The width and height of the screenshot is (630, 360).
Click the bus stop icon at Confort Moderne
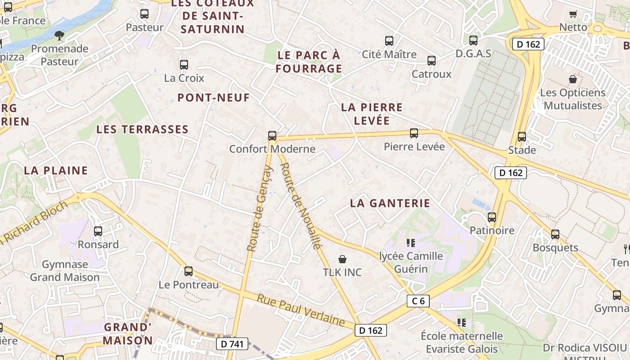point(272,135)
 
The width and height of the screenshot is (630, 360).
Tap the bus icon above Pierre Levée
point(414,133)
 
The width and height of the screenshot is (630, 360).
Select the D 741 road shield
point(232,344)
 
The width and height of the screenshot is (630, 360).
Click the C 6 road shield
point(418,301)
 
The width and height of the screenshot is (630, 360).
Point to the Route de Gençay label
point(260,208)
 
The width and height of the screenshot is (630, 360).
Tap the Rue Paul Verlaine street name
point(301,310)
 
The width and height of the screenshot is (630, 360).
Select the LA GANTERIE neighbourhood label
point(390,203)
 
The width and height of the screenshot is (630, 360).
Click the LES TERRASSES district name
point(142,130)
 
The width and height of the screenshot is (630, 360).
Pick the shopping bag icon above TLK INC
point(342,259)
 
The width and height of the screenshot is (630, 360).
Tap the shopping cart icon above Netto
point(573,14)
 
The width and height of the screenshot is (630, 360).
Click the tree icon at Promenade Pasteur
point(59,35)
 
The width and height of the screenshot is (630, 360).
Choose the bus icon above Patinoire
point(491,217)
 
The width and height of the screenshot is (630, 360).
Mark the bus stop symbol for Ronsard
point(98,231)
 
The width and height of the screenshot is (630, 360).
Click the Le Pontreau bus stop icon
point(189,271)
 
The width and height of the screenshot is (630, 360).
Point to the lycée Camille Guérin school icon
point(411,243)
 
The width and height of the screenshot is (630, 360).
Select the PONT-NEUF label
point(213,98)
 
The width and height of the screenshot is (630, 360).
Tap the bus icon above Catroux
point(431,61)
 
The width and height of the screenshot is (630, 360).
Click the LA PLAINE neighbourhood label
point(56,171)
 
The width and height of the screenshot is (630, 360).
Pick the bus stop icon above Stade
point(522,137)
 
